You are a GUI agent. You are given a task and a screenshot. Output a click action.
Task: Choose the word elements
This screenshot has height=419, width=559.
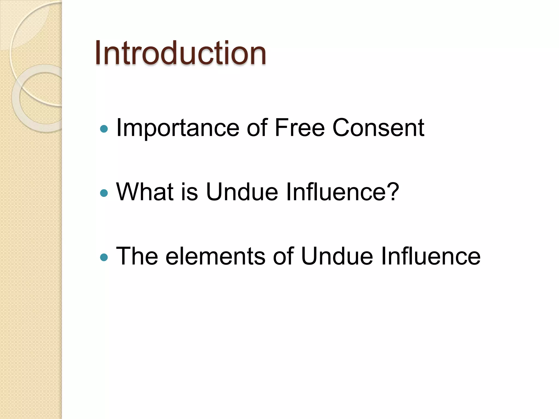point(215,256)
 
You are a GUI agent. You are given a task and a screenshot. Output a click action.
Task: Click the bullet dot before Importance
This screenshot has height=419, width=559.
point(104,129)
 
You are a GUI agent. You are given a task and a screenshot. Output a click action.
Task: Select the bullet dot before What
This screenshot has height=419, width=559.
point(104,193)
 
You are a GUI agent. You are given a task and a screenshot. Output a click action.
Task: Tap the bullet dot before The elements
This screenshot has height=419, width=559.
point(104,257)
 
